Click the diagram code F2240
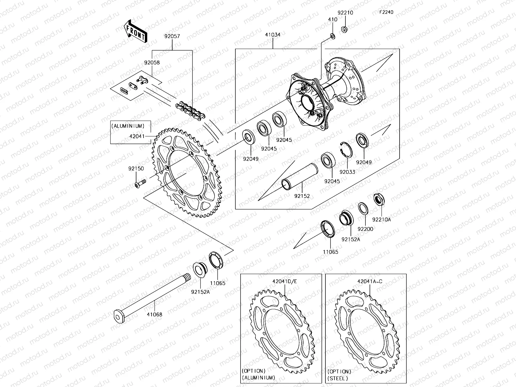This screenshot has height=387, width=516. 386,12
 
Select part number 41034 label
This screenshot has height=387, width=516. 273,35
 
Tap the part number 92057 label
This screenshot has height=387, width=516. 172,37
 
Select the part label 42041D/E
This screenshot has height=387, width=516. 284,281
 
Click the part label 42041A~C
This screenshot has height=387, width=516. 370,281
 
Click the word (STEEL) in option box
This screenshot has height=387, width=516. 338,378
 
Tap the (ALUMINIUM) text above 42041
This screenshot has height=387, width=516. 128,126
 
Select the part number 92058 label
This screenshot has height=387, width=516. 152,63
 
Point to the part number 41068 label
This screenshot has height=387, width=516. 154,314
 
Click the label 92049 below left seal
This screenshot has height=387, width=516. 251,159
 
